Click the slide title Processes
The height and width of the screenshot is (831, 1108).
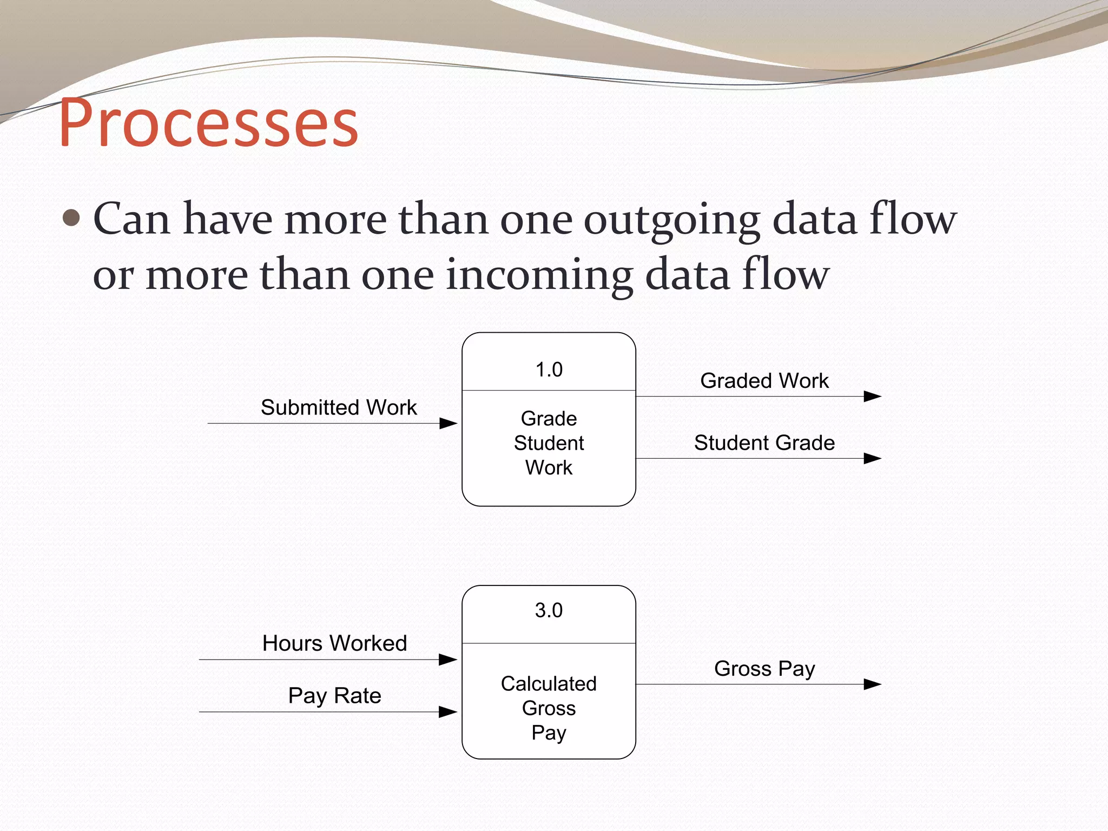pos(208,123)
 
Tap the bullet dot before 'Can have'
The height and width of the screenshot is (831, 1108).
pos(71,219)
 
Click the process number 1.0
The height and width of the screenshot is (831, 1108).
pos(549,370)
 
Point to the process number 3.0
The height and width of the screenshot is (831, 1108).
pos(549,610)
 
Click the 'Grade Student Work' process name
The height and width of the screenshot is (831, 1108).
pos(549,443)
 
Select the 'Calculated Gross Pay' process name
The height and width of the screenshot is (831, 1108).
pos(549,708)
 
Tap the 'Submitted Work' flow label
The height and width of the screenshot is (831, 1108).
pos(339,407)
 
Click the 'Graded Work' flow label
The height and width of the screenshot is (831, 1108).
pos(764,381)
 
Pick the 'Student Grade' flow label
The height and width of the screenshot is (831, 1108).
pos(764,443)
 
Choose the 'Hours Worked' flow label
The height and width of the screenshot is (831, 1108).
pos(334,643)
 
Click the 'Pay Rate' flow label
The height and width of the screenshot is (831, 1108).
pos(334,696)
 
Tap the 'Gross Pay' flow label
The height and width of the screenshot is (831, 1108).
pos(764,669)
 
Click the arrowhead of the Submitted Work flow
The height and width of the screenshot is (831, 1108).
pos(449,424)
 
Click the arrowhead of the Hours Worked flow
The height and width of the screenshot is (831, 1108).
pos(448,659)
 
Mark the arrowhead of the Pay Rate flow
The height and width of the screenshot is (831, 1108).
pos(448,712)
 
